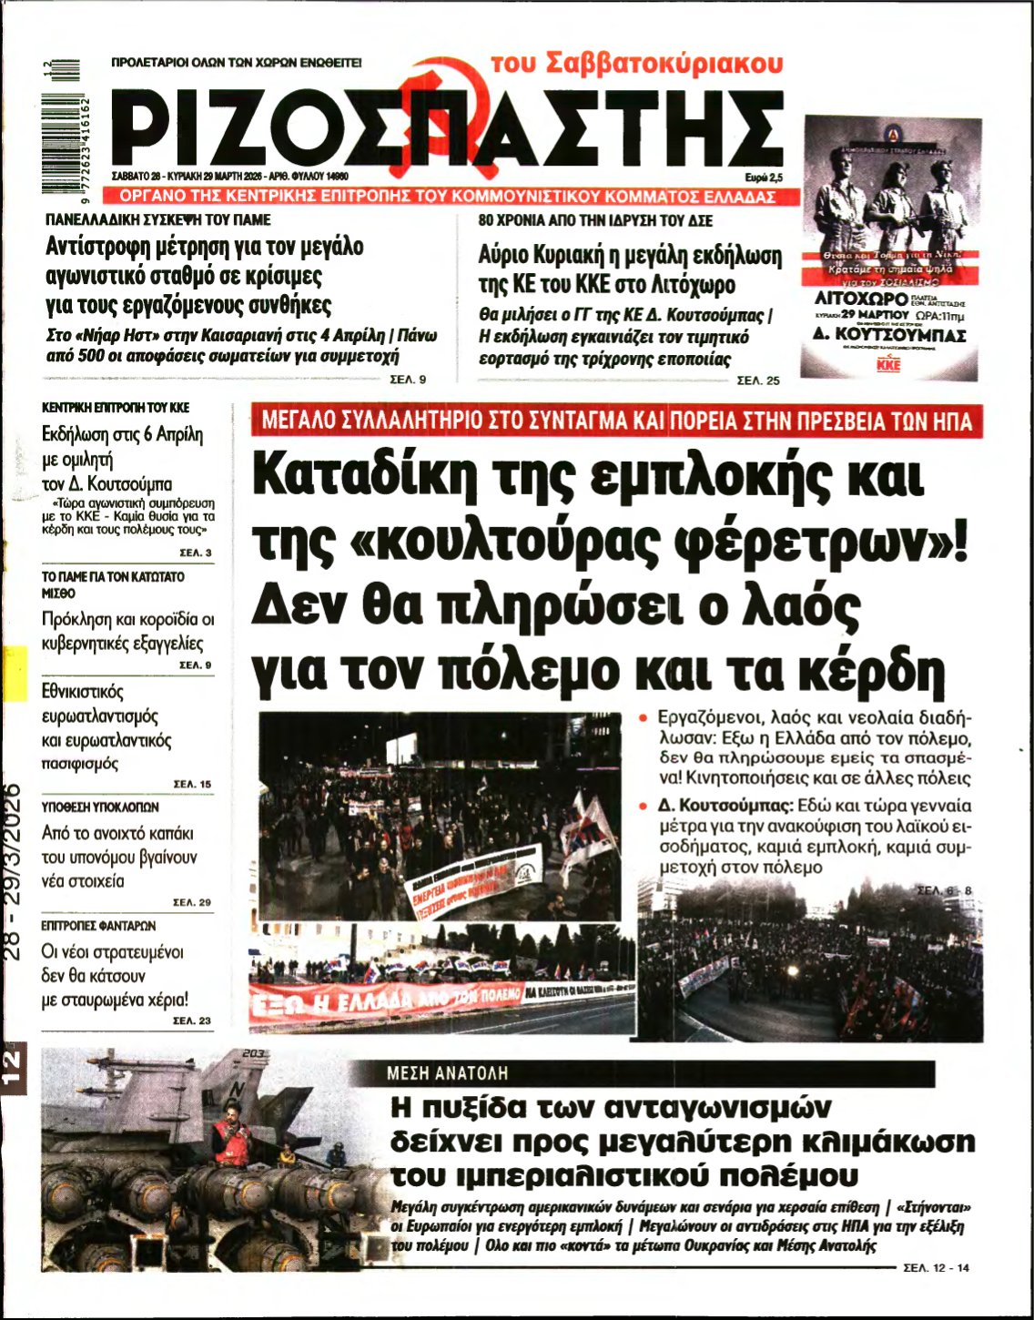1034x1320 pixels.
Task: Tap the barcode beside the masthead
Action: [x=56, y=125]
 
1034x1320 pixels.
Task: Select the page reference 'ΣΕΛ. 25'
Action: [x=757, y=381]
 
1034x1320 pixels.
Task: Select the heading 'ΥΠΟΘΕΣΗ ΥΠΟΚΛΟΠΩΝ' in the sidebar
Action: [x=100, y=807]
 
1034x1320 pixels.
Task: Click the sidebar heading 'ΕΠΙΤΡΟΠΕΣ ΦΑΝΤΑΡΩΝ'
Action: [x=98, y=925]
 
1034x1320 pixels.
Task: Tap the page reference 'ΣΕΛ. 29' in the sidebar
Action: [x=192, y=902]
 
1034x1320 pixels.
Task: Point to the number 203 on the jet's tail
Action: [x=253, y=1054]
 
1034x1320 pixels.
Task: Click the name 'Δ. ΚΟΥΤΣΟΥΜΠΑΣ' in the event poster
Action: [x=889, y=334]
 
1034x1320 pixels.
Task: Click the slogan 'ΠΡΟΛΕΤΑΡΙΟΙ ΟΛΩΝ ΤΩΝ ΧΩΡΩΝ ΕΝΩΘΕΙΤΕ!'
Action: [x=236, y=64]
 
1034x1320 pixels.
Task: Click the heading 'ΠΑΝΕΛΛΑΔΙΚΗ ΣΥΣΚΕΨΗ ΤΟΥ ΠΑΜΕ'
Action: [x=157, y=219]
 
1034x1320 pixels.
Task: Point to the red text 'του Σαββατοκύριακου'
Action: [x=636, y=64]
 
